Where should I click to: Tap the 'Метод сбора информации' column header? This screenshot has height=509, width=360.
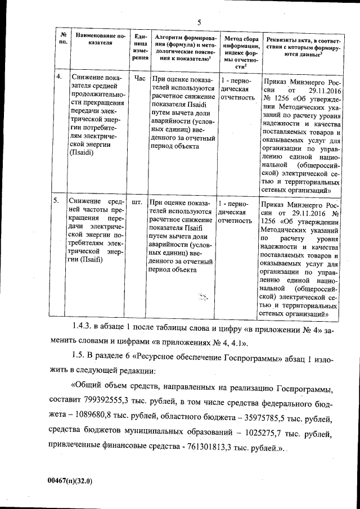(x=240, y=50)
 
